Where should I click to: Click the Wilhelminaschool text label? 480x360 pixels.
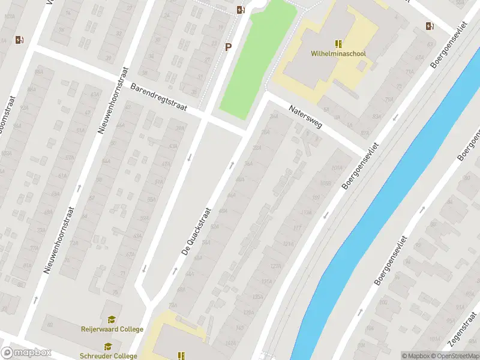click(338, 53)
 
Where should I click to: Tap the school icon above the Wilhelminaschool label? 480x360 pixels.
click(339, 44)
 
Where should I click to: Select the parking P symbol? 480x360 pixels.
click(228, 47)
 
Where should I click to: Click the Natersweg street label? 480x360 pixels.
click(305, 118)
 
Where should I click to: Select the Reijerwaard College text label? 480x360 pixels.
click(112, 329)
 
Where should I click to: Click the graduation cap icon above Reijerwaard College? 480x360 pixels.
click(111, 320)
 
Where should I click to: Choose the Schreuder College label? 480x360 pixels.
click(109, 356)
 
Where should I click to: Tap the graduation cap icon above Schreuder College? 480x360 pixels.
click(108, 347)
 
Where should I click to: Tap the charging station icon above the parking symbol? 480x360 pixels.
click(240, 10)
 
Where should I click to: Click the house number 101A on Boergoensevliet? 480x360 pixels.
click(337, 169)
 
